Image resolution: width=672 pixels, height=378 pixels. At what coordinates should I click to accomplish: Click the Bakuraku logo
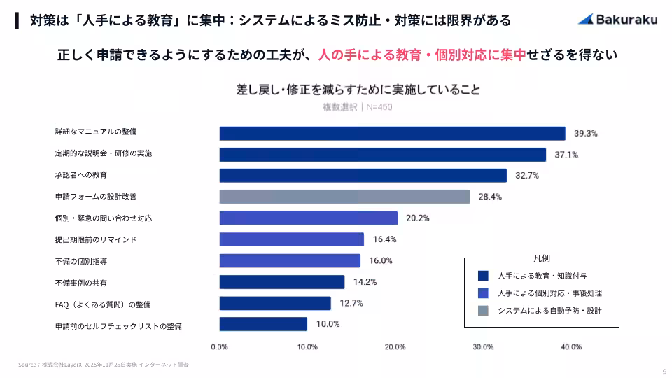(617, 20)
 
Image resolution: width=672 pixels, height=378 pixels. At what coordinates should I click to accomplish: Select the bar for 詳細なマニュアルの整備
(392, 133)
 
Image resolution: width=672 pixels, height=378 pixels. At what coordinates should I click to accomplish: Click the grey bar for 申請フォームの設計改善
(344, 197)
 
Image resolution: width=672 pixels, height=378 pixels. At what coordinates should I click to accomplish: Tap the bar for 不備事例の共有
(282, 282)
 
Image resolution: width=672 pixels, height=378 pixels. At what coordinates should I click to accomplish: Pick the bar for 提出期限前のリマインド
(291, 239)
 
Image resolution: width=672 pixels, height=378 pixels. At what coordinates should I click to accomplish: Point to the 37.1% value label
(566, 155)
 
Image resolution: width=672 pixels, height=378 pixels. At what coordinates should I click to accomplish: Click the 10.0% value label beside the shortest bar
(328, 324)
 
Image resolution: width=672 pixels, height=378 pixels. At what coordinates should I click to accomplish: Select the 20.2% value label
(418, 218)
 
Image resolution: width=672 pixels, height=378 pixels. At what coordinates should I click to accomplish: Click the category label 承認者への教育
(81, 175)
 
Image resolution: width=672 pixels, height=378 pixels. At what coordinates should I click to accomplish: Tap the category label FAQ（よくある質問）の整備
(103, 304)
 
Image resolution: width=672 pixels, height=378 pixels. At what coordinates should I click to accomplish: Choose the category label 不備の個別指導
(81, 261)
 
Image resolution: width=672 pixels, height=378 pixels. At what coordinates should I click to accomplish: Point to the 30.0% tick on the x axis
(483, 347)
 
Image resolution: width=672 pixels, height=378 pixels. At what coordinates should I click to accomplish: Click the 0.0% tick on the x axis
(219, 347)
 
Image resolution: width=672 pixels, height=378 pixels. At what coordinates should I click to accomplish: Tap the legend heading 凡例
(541, 258)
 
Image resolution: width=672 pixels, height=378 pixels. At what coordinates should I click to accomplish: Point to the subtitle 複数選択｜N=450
(357, 107)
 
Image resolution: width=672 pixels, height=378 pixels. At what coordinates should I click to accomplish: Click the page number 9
(664, 371)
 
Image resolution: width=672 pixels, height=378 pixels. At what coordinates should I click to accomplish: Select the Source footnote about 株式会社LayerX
(104, 365)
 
